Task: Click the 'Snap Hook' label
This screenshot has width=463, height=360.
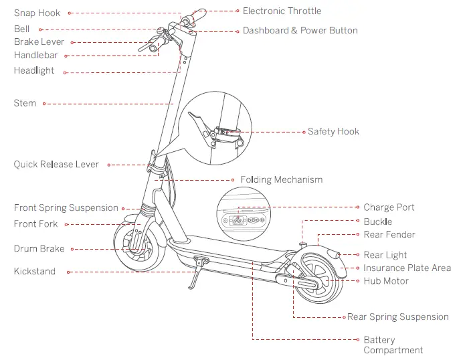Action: coord(37,13)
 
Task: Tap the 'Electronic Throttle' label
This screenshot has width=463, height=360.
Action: coord(282,11)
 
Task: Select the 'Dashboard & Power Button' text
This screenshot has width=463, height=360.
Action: coord(300,31)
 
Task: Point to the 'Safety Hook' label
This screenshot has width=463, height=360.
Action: coord(333,132)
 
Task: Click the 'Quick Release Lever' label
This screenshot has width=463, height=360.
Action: coord(56,165)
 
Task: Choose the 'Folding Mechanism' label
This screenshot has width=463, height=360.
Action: coord(281,180)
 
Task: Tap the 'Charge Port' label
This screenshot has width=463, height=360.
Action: coord(389,207)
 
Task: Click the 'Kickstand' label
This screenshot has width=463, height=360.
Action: coord(35,272)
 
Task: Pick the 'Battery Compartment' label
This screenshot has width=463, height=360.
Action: coord(393,345)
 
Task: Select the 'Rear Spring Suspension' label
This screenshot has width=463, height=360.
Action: coord(397,317)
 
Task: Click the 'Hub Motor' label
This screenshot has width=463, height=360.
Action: coord(386,281)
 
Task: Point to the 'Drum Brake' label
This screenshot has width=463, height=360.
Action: coord(39,249)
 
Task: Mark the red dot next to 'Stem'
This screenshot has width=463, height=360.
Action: coord(43,104)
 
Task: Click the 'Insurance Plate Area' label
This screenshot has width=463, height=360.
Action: coord(407,268)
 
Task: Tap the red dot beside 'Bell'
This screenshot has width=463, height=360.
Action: coord(39,29)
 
